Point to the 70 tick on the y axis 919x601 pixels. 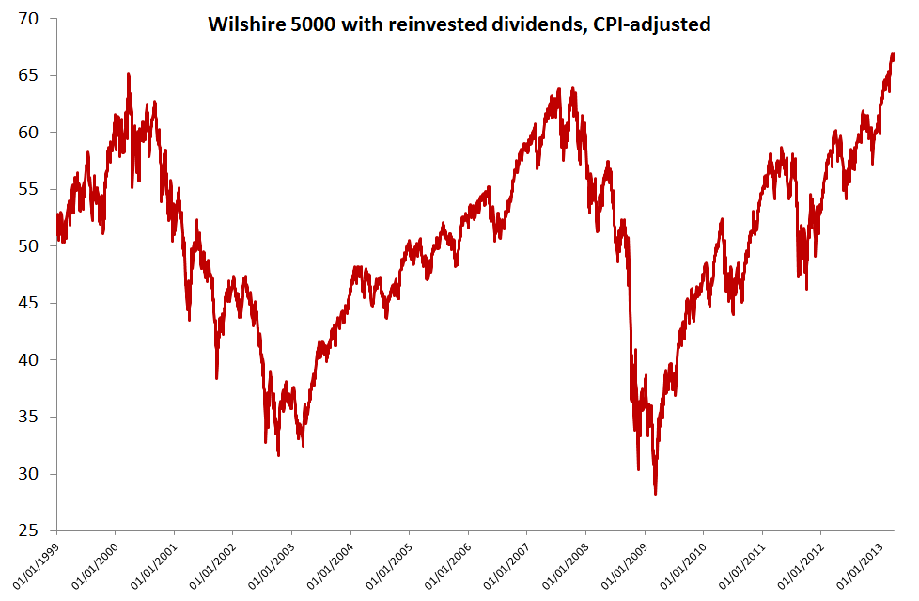coord(38,18)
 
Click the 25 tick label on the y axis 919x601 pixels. coord(38,530)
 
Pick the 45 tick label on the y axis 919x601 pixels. coord(38,303)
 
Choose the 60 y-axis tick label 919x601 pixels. coord(38,132)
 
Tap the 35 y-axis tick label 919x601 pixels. coord(38,417)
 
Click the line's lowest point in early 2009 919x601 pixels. coord(655,494)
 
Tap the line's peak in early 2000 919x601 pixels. coord(128,74)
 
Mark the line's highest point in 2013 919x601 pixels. coord(892,54)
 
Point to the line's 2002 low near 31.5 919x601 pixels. coord(278,455)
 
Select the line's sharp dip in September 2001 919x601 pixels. coord(217,377)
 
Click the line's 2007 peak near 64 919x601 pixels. coord(560,89)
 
